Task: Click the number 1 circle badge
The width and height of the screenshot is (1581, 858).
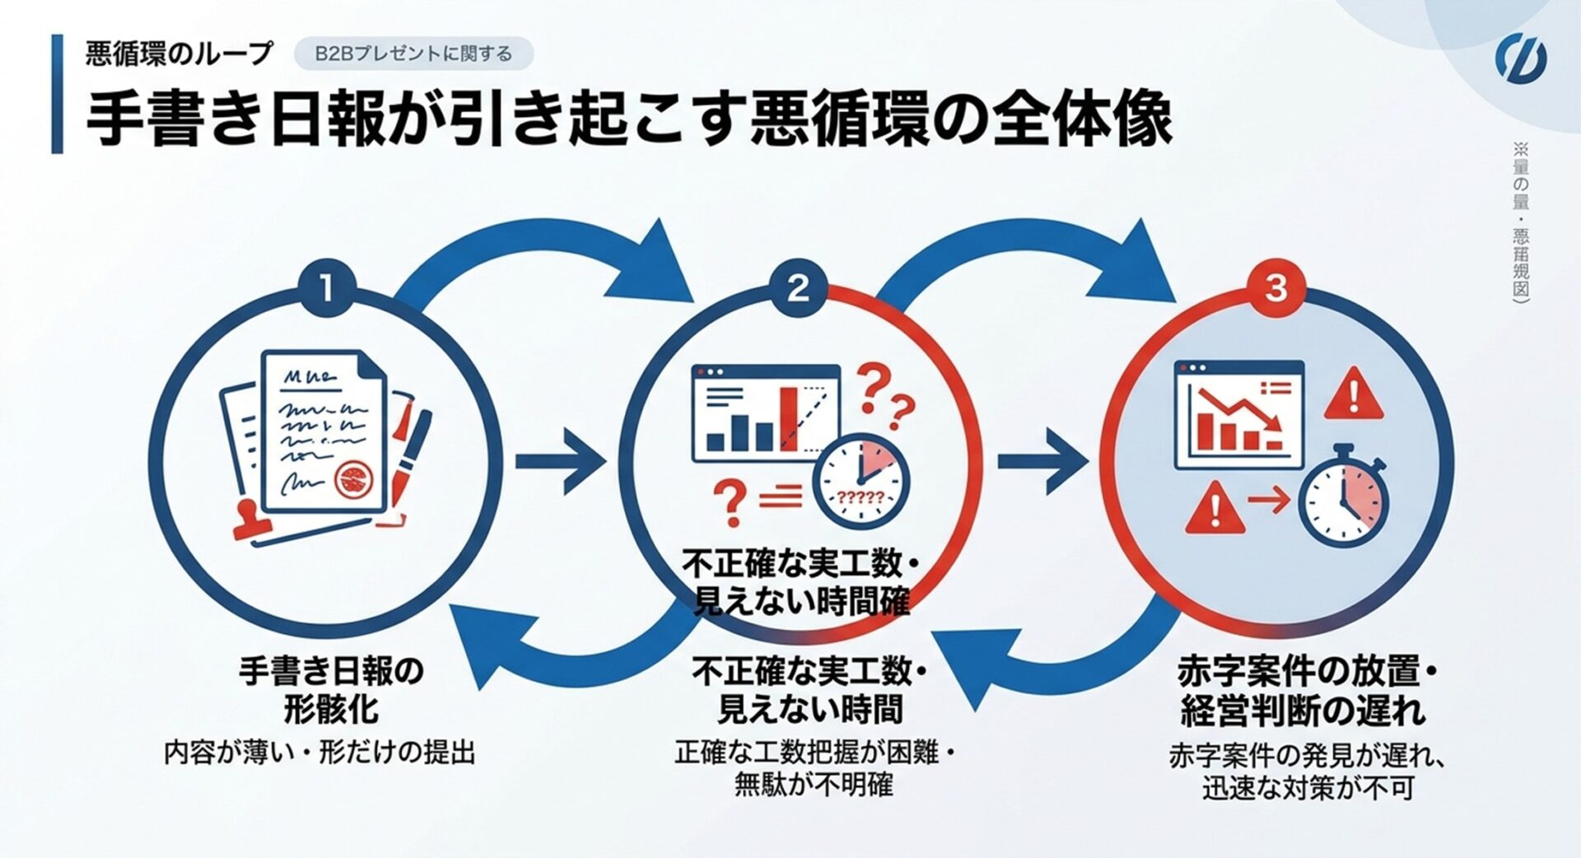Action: pos(326,289)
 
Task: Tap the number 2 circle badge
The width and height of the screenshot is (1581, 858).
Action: pos(797,289)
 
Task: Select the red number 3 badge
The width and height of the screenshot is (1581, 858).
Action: pos(1275,289)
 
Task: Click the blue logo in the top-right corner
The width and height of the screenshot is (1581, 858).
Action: pos(1520,59)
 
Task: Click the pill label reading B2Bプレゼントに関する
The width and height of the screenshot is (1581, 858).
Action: pos(413,54)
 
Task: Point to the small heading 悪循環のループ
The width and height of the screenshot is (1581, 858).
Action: pos(179,54)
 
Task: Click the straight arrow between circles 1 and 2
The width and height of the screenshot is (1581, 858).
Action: pos(560,461)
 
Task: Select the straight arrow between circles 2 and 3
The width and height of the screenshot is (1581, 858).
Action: pos(1042,461)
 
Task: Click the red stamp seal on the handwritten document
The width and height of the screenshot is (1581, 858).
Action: pos(355,478)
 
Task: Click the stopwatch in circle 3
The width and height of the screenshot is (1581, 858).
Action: pos(1343,499)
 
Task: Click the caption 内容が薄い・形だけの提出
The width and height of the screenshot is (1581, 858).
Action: pos(319,753)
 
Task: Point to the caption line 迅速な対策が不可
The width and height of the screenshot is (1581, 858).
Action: pos(1307,789)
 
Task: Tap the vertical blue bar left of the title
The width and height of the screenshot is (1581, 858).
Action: pos(57,94)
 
